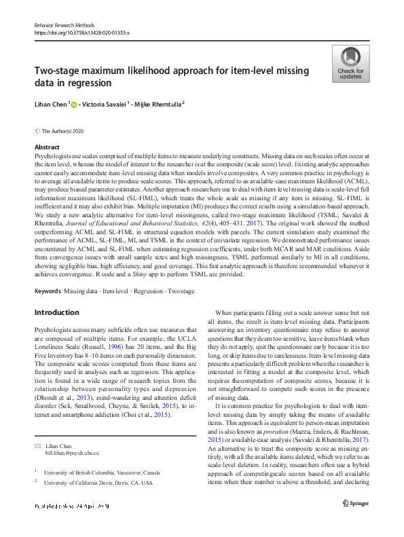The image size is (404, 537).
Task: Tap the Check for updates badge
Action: coord(350,64)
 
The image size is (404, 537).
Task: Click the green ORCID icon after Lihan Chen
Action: coord(73,105)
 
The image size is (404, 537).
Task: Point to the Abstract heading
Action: coord(47,147)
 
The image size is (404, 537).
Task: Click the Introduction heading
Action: coord(57,312)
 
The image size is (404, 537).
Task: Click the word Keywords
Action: coord(47,291)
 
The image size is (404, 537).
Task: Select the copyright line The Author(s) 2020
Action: coord(65,130)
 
